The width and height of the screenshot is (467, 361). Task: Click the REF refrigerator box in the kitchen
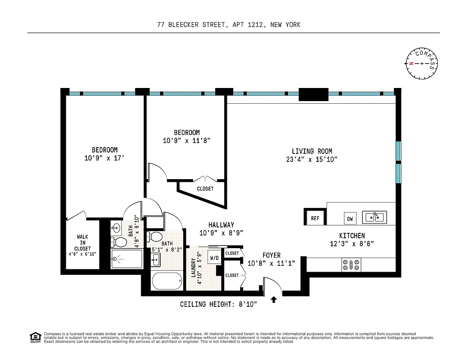tap(315, 218)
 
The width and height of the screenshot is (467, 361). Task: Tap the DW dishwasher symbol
tap(350, 219)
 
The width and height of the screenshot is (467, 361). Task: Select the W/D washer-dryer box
tap(213, 258)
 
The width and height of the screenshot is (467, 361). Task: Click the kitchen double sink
tap(374, 217)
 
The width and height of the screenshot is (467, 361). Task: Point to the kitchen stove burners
tap(350, 264)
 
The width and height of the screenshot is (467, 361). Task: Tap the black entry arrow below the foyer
tap(273, 299)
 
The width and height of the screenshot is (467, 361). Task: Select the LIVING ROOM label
tap(311, 151)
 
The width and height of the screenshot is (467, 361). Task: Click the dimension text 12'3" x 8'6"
tap(352, 244)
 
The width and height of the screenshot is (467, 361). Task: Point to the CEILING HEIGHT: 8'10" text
tap(218, 305)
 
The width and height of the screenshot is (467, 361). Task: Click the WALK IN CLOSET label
tap(83, 243)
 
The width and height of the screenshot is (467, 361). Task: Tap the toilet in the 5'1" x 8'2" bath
tap(156, 236)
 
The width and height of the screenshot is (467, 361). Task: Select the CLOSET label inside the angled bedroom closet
tap(205, 189)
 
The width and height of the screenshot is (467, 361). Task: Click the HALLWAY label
tap(221, 225)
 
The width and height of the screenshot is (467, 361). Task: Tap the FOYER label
tap(272, 255)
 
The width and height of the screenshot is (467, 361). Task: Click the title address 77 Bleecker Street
tap(229, 25)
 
